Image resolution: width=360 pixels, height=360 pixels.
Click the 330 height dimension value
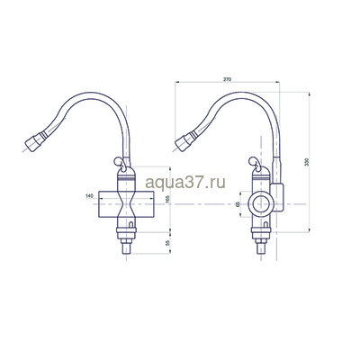(309, 163)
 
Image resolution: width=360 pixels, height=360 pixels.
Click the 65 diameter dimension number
(238, 205)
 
